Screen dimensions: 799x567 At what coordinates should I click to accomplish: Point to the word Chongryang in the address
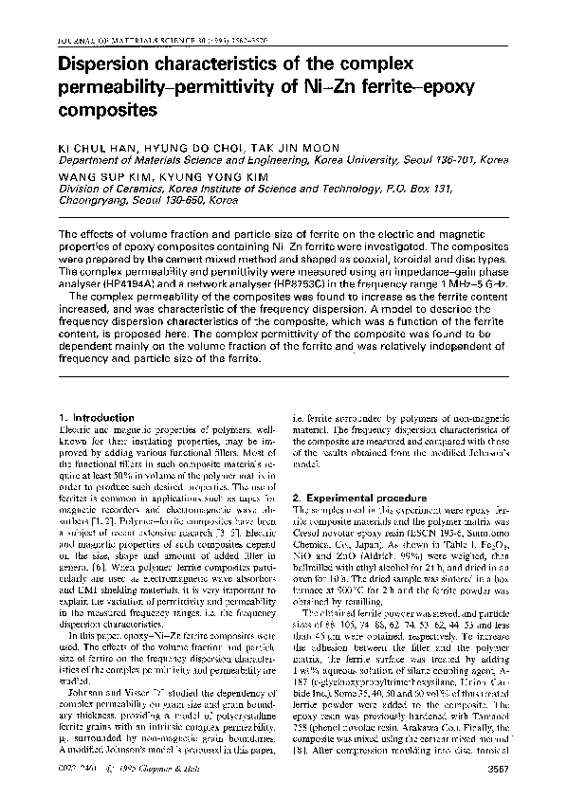click(95, 201)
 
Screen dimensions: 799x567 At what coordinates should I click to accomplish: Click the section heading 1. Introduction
click(96, 417)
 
